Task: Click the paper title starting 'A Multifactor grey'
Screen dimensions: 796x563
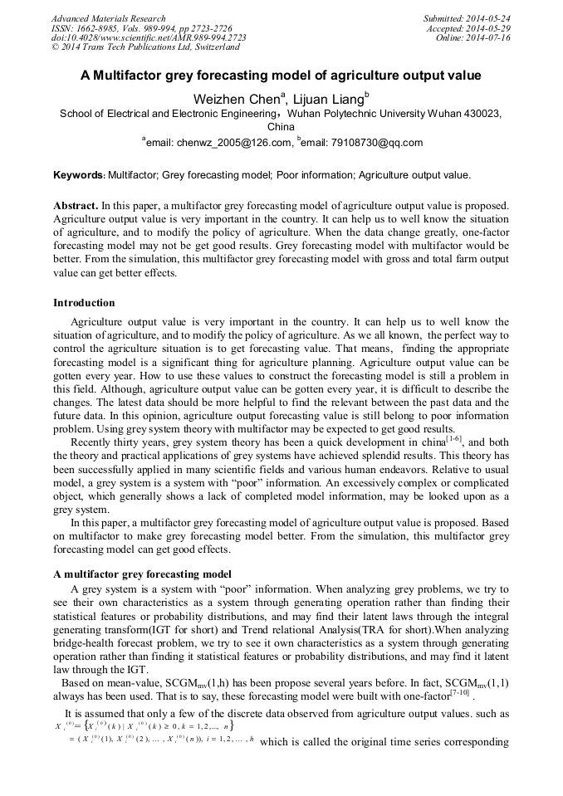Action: coord(281,75)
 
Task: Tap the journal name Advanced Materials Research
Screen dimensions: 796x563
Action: coord(109,18)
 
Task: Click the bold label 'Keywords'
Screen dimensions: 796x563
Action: coord(78,175)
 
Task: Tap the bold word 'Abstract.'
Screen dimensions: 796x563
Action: coord(76,205)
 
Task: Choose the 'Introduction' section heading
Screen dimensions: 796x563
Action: coord(84,302)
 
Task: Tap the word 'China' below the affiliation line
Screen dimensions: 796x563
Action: coord(281,127)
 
